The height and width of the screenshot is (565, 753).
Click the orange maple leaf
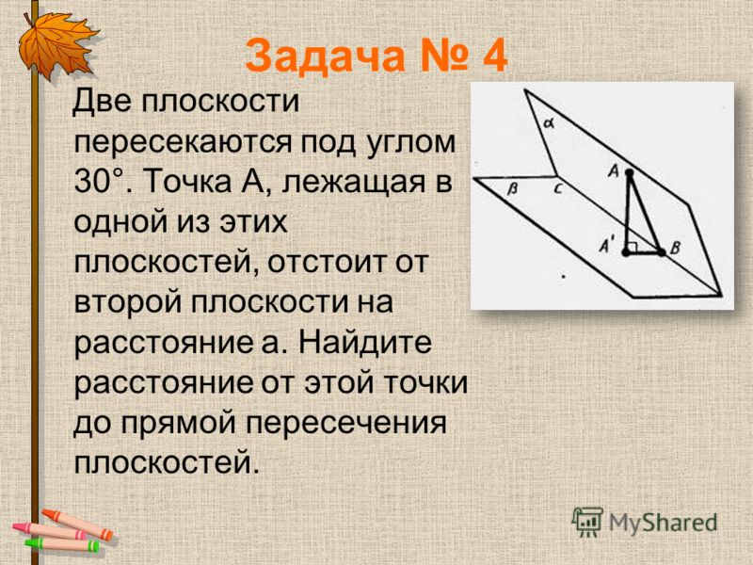point(56,44)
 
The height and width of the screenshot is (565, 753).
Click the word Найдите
point(365,343)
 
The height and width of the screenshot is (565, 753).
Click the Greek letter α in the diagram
point(549,124)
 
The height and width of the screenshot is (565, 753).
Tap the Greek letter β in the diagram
point(512,189)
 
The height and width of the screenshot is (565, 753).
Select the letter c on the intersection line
point(557,189)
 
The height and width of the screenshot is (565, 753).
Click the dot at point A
point(630,172)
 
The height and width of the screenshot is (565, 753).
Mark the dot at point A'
point(626,252)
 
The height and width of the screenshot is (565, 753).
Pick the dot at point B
point(662,251)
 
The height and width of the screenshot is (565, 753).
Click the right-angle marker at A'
point(633,247)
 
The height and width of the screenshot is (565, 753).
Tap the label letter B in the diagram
point(675,248)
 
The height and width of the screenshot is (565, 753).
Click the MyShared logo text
point(664,523)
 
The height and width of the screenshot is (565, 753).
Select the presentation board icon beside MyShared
point(587,522)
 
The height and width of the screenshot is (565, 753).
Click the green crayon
point(62,544)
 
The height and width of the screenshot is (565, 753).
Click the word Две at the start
point(102,102)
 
